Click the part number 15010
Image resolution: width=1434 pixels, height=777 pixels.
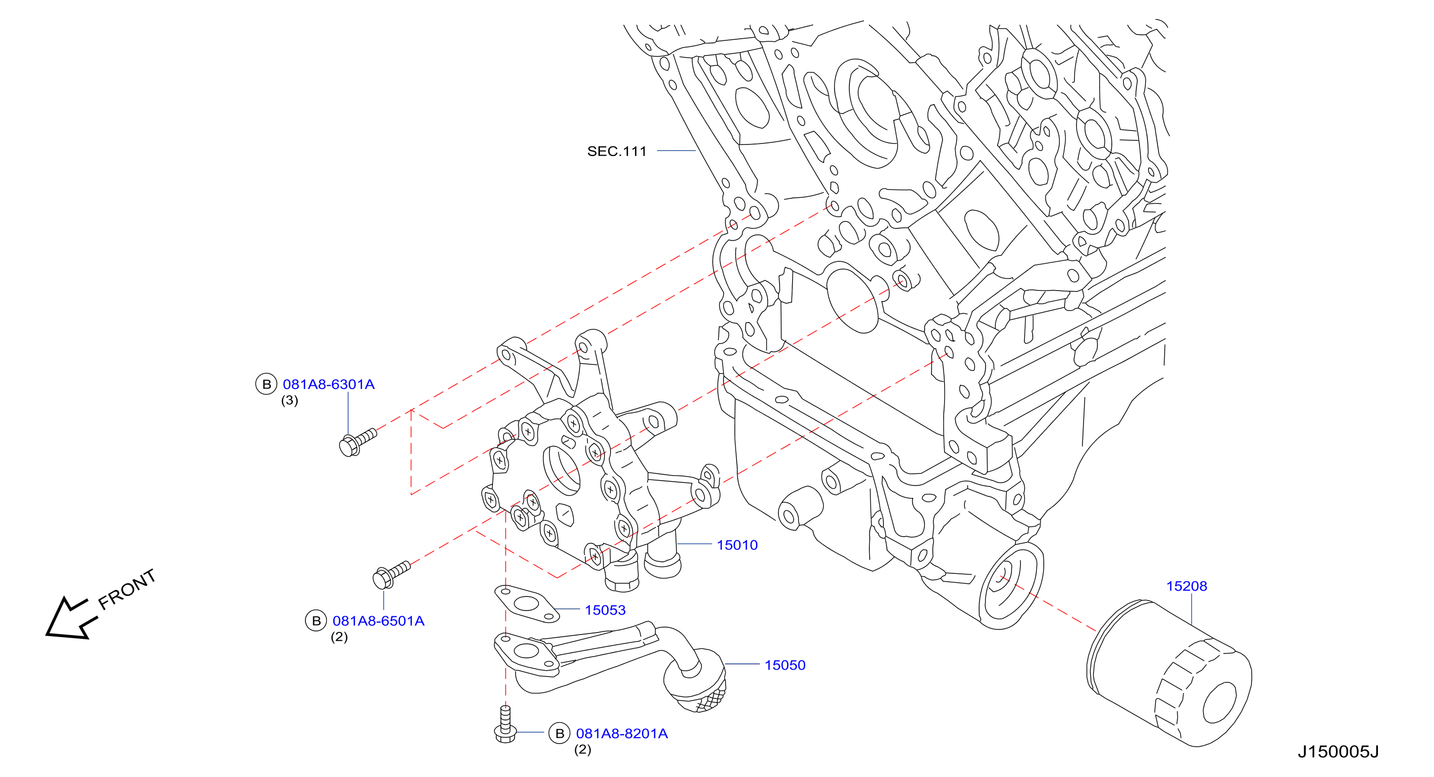tap(737, 545)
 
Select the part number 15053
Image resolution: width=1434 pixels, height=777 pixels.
tap(605, 610)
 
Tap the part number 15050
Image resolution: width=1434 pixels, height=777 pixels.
tap(785, 665)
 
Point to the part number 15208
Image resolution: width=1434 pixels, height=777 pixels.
tap(1186, 586)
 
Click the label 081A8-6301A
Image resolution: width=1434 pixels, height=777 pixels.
tap(329, 384)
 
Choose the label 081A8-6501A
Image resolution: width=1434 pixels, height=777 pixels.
tap(378, 621)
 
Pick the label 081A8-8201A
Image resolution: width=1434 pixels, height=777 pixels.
tap(622, 734)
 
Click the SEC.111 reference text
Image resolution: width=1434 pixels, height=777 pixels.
tap(617, 151)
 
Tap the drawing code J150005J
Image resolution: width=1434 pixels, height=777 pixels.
tap(1338, 752)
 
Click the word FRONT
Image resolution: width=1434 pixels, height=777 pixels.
tap(127, 589)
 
